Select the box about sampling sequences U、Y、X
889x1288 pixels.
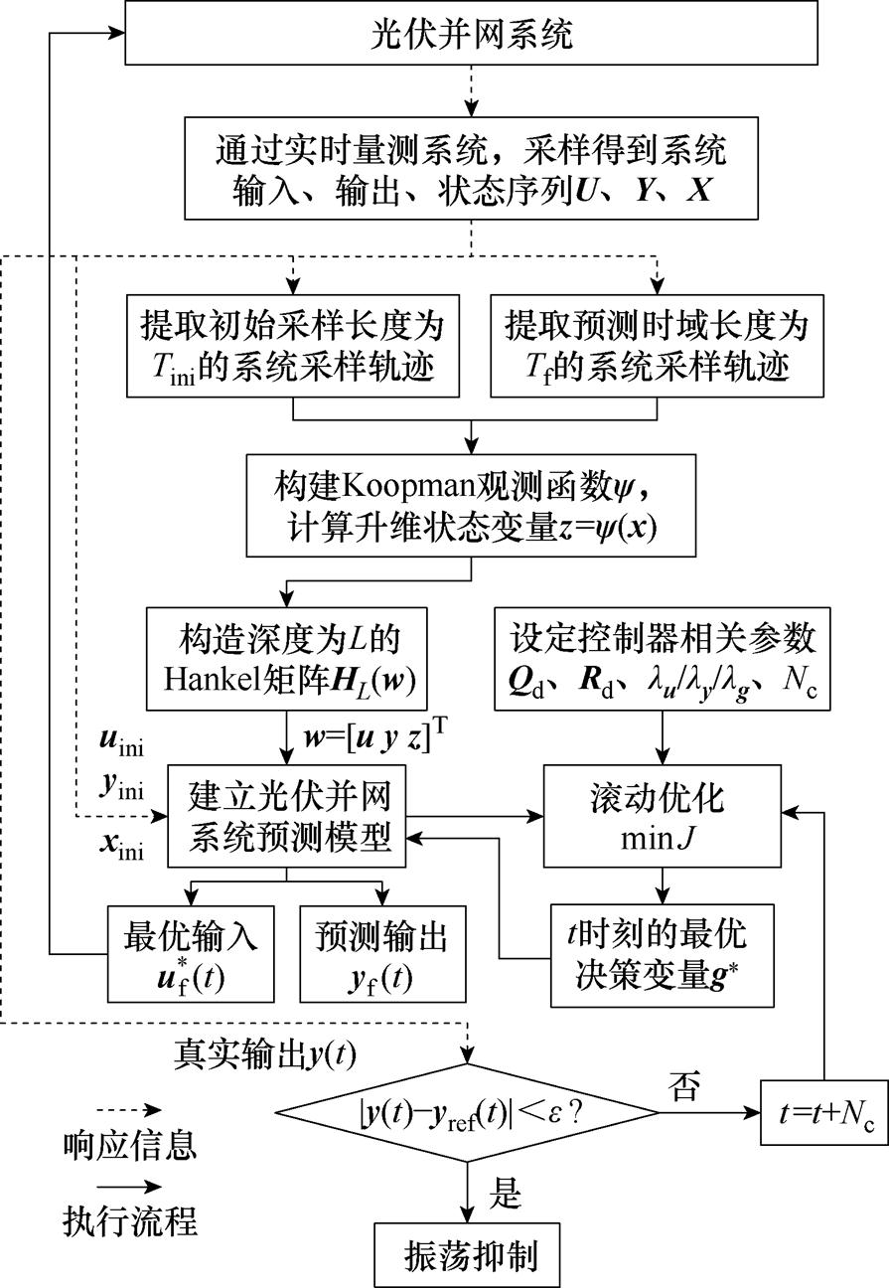pyautogui.click(x=470, y=167)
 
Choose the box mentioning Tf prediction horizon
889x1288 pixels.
pyautogui.click(x=657, y=344)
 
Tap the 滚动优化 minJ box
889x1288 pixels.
pyautogui.click(x=657, y=813)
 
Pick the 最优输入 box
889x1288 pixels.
pyautogui.click(x=193, y=953)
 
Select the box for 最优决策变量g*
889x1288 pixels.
pyautogui.click(x=657, y=953)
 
